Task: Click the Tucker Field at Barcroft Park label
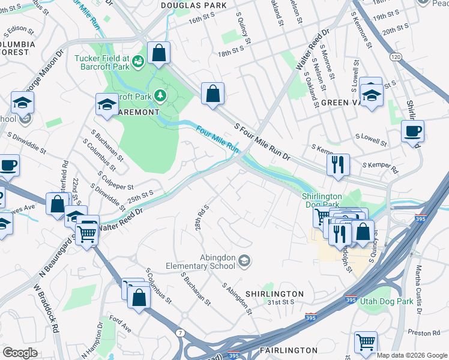[102, 62]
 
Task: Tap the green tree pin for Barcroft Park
[160, 95]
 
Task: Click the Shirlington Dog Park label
[321, 200]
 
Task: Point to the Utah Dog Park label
[387, 301]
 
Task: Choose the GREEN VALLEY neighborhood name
[343, 103]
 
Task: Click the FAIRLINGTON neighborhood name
[289, 350]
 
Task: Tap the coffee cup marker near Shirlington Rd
[412, 132]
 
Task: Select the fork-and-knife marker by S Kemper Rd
[338, 164]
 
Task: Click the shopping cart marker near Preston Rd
[366, 343]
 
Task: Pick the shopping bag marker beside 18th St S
[212, 94]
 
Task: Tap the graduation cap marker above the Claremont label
[107, 104]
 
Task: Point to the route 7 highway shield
[180, 332]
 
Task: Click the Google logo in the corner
[20, 353]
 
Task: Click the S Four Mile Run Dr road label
[262, 143]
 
